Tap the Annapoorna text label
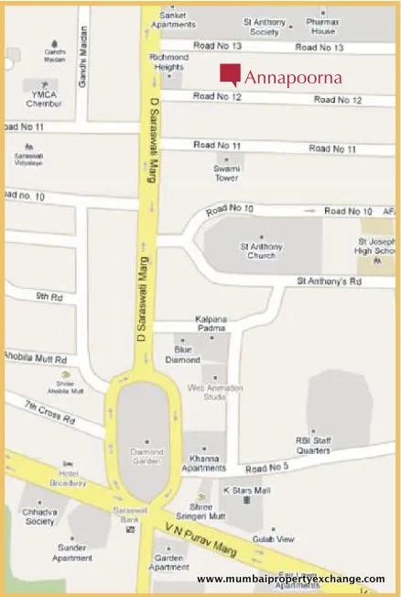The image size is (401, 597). (293, 78)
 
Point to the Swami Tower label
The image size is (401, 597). (227, 173)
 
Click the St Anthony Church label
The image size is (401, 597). (263, 250)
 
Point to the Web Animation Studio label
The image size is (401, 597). (215, 392)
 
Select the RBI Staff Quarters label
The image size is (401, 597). (312, 446)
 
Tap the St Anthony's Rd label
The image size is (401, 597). (331, 282)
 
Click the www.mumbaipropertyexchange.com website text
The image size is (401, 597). (290, 579)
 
